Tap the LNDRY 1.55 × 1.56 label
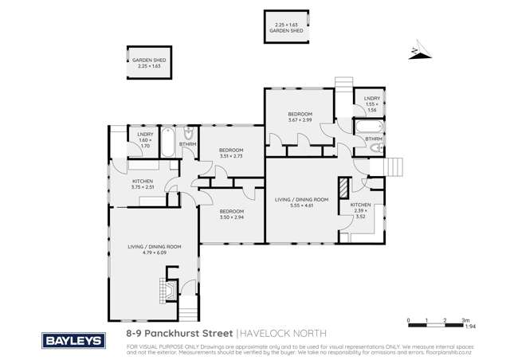(x=372, y=103)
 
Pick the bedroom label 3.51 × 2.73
(x=230, y=153)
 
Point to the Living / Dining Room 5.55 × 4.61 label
(x=301, y=202)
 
